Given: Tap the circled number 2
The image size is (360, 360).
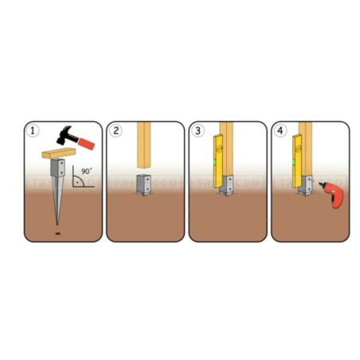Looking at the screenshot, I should tap(116, 130).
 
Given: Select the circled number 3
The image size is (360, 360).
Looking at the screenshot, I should tap(198, 130).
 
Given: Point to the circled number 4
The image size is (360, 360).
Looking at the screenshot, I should tap(280, 130).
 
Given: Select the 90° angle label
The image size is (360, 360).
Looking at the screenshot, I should tap(85, 170).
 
